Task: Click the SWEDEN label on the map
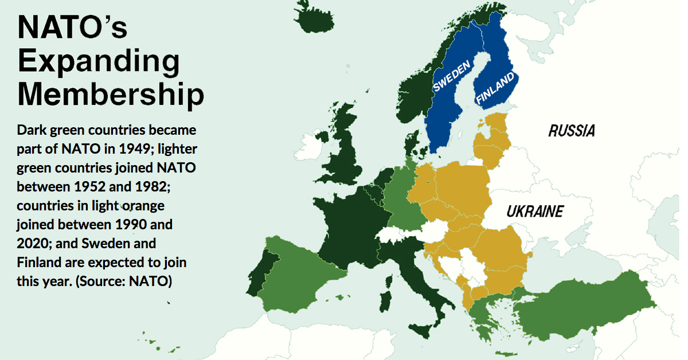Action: click(x=451, y=76)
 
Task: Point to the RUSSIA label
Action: click(x=571, y=131)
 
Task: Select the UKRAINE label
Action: click(x=534, y=212)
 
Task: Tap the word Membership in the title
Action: click(x=111, y=95)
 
